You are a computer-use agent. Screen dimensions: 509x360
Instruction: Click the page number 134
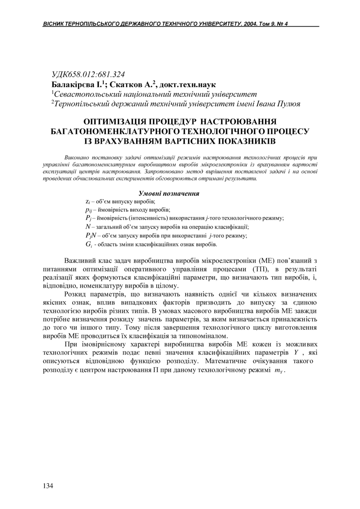coord(48,486)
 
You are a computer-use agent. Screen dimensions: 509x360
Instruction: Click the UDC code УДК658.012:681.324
coord(88,74)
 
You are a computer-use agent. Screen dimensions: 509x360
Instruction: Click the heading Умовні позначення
coord(169,193)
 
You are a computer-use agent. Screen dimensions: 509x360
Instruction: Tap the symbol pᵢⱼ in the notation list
coord(88,210)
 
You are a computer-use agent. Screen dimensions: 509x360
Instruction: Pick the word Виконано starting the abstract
coord(76,158)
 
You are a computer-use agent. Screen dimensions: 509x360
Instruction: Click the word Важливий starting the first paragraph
coord(78,261)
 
